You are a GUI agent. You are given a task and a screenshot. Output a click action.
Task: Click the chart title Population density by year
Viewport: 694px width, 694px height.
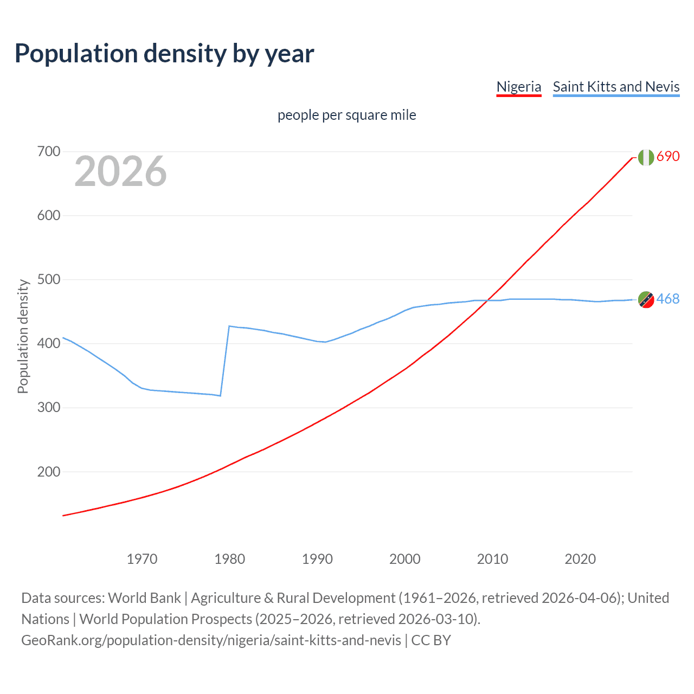coord(164,54)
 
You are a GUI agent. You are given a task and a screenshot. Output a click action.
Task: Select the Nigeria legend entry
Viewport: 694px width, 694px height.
coord(519,87)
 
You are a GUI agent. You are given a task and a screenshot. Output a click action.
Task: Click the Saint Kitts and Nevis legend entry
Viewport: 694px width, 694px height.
coord(616,87)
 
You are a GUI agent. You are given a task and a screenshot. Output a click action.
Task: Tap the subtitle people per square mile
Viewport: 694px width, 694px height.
coord(346,115)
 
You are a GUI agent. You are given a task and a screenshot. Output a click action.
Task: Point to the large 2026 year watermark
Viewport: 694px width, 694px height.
coord(120,171)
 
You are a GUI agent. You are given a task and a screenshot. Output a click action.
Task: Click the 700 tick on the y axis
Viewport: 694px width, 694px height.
coord(49,151)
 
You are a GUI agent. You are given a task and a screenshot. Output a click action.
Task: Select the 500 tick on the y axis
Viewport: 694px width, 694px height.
coord(49,279)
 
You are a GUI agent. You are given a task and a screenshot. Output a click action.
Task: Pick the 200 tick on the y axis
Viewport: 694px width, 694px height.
coord(49,472)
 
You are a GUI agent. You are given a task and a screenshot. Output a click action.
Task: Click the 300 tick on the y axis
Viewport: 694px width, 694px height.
coord(49,407)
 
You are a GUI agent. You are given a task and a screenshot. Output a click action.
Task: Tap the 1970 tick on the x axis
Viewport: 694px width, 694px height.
coord(142,559)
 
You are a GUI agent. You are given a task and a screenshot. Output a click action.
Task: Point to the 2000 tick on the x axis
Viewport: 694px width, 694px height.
coord(405,559)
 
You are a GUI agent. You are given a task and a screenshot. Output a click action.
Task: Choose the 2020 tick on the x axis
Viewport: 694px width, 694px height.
coord(580,559)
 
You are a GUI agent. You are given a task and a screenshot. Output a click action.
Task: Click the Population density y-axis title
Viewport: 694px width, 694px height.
coord(23,336)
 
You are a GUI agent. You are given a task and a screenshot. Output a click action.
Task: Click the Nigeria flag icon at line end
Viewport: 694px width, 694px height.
coord(646,157)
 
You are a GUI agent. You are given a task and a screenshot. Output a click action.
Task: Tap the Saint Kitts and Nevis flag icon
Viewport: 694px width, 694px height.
coord(646,299)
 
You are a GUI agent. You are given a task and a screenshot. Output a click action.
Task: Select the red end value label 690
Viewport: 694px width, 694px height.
coord(668,156)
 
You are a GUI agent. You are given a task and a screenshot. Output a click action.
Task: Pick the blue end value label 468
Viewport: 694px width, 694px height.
coord(668,299)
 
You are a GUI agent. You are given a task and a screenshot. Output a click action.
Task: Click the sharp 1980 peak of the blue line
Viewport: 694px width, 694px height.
coord(229,326)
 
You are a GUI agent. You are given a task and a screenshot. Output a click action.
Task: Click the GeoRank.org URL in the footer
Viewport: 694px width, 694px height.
coord(211,640)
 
